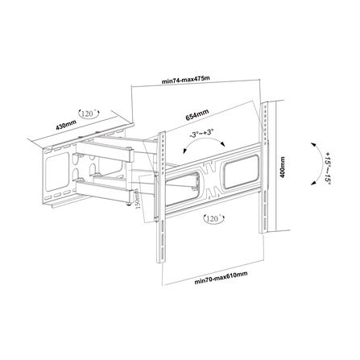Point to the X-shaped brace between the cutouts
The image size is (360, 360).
click(x=213, y=172)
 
